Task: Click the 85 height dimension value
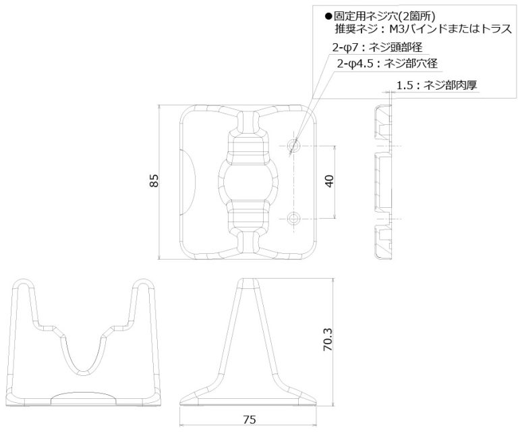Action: (154, 182)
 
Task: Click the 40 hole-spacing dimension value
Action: (329, 182)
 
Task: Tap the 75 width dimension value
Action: (249, 420)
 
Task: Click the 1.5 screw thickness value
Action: (404, 85)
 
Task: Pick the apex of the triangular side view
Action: (248, 282)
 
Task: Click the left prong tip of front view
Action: (25, 283)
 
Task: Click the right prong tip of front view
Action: (142, 283)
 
